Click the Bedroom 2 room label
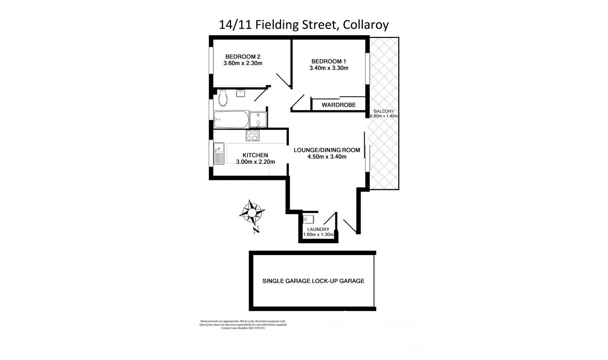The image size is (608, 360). [x=243, y=56]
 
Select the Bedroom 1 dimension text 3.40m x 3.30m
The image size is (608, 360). [x=329, y=68]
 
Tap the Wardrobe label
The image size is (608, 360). [x=339, y=105]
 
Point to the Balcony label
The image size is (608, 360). [x=384, y=111]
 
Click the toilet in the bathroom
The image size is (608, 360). [x=223, y=98]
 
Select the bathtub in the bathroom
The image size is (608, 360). [x=231, y=119]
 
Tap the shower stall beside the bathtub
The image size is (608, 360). [x=258, y=119]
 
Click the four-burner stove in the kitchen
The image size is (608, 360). [x=252, y=135]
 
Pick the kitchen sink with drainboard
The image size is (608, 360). [x=218, y=154]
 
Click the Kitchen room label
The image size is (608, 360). [x=255, y=155]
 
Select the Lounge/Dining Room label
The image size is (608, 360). [x=327, y=150]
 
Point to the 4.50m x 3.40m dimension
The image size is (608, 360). [x=327, y=157]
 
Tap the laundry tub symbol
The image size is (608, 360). [x=308, y=220]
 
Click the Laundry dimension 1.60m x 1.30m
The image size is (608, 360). [x=318, y=234]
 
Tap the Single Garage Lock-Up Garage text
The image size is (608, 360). [x=313, y=281]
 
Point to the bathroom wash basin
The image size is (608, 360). [x=241, y=93]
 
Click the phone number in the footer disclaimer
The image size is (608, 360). [x=257, y=328]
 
